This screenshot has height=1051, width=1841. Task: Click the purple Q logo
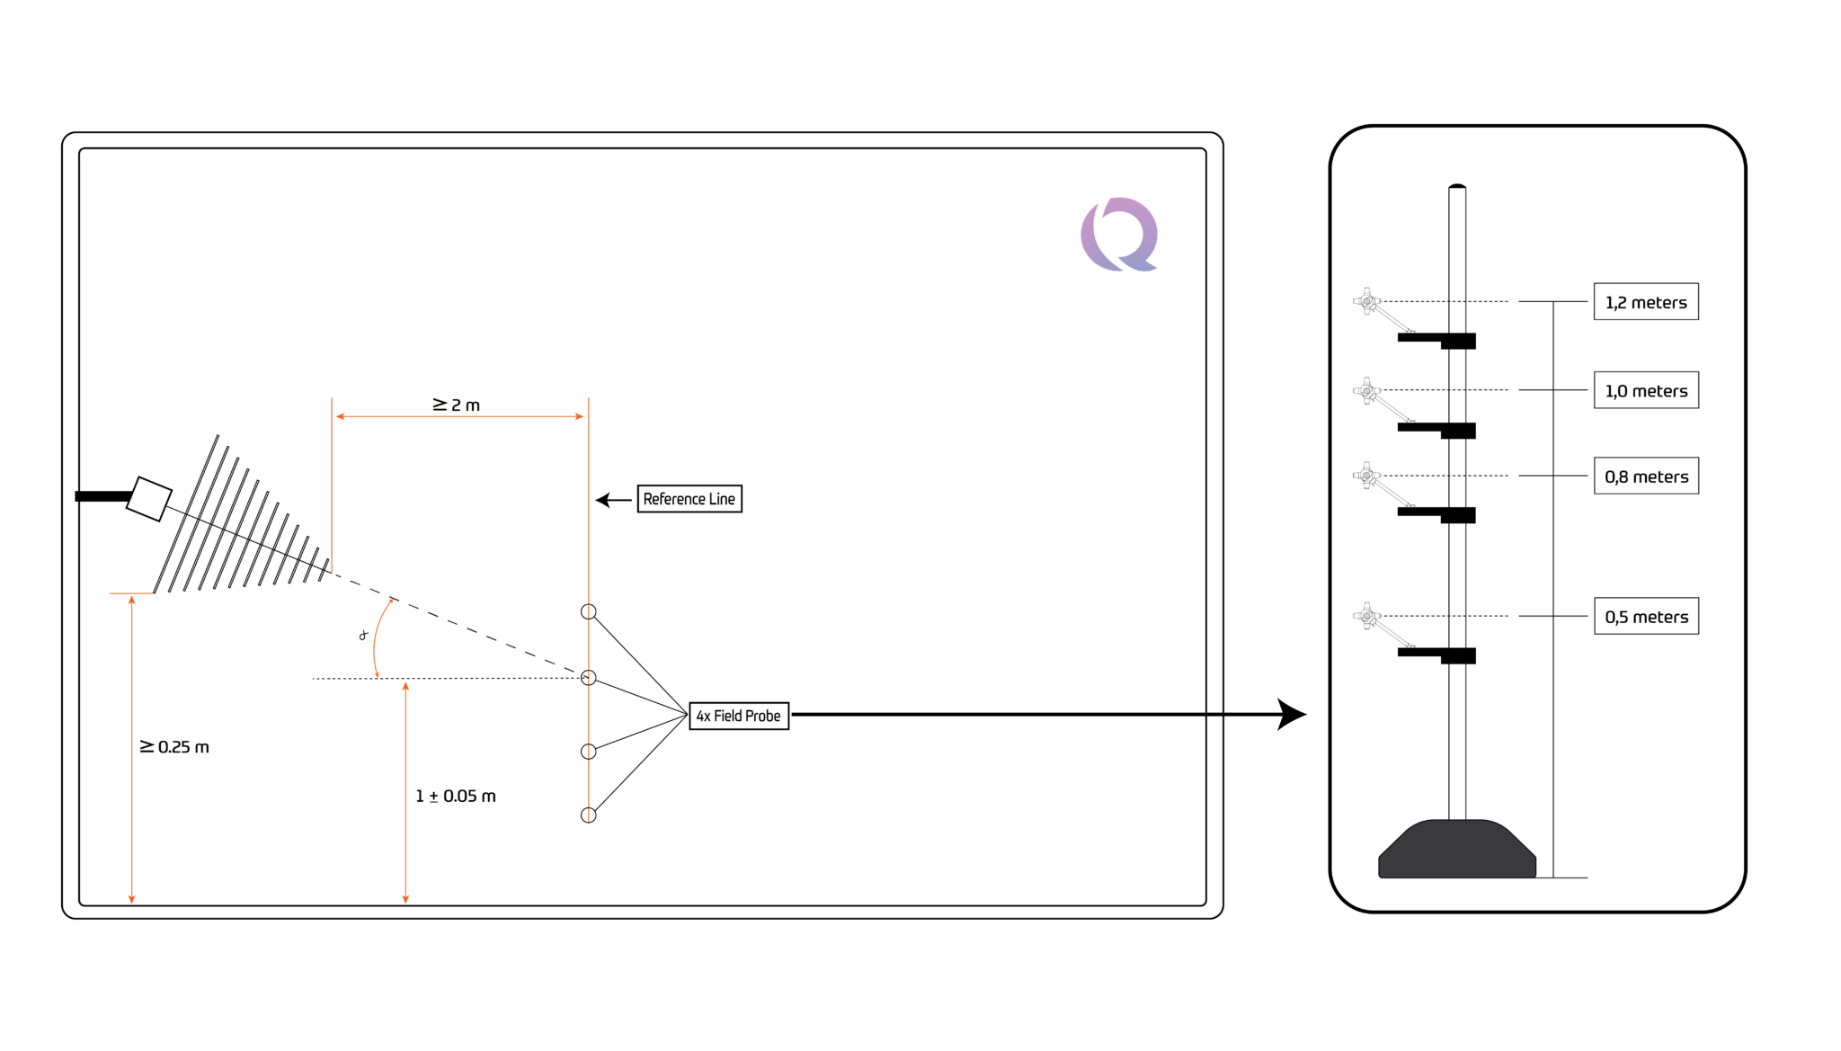tap(1119, 235)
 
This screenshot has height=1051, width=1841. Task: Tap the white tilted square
tap(149, 499)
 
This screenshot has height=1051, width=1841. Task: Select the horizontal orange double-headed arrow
tap(459, 416)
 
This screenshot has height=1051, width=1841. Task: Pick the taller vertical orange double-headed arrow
tap(132, 749)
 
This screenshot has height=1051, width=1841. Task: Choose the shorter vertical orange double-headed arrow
tap(405, 792)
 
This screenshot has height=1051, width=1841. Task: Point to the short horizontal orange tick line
tap(131, 593)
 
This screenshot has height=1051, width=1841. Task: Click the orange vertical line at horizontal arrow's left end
tap(332, 485)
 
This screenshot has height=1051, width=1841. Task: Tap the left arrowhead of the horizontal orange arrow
tap(340, 416)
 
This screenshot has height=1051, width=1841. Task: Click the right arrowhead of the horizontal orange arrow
tap(580, 416)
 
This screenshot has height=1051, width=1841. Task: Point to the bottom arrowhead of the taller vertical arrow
tap(132, 899)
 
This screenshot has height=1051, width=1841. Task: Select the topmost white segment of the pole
tap(1457, 260)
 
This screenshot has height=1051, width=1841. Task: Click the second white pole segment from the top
tap(1457, 386)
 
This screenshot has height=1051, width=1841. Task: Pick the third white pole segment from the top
tap(1457, 473)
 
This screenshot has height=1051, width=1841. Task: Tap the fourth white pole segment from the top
tap(1457, 585)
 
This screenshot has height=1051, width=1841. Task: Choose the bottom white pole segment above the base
tap(1457, 742)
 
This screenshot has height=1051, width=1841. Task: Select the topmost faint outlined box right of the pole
tap(1646, 301)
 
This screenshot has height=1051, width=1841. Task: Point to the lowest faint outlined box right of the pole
tap(1646, 616)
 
